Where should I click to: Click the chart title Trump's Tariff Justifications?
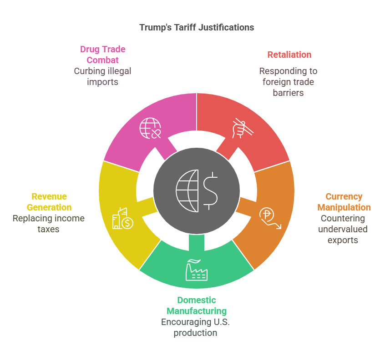(x=197, y=27)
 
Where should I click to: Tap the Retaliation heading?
(x=289, y=55)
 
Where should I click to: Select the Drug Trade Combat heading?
(x=103, y=55)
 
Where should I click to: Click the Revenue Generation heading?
(x=49, y=202)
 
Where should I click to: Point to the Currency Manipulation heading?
(x=344, y=202)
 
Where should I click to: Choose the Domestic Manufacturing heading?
(x=197, y=305)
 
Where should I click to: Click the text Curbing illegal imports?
(x=103, y=76)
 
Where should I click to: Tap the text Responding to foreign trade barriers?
(x=289, y=82)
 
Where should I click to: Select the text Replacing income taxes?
(x=49, y=224)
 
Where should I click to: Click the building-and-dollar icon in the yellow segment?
(x=122, y=219)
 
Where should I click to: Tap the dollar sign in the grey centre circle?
(x=210, y=191)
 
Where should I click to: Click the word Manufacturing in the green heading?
(x=197, y=311)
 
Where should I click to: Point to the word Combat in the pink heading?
(x=103, y=60)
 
